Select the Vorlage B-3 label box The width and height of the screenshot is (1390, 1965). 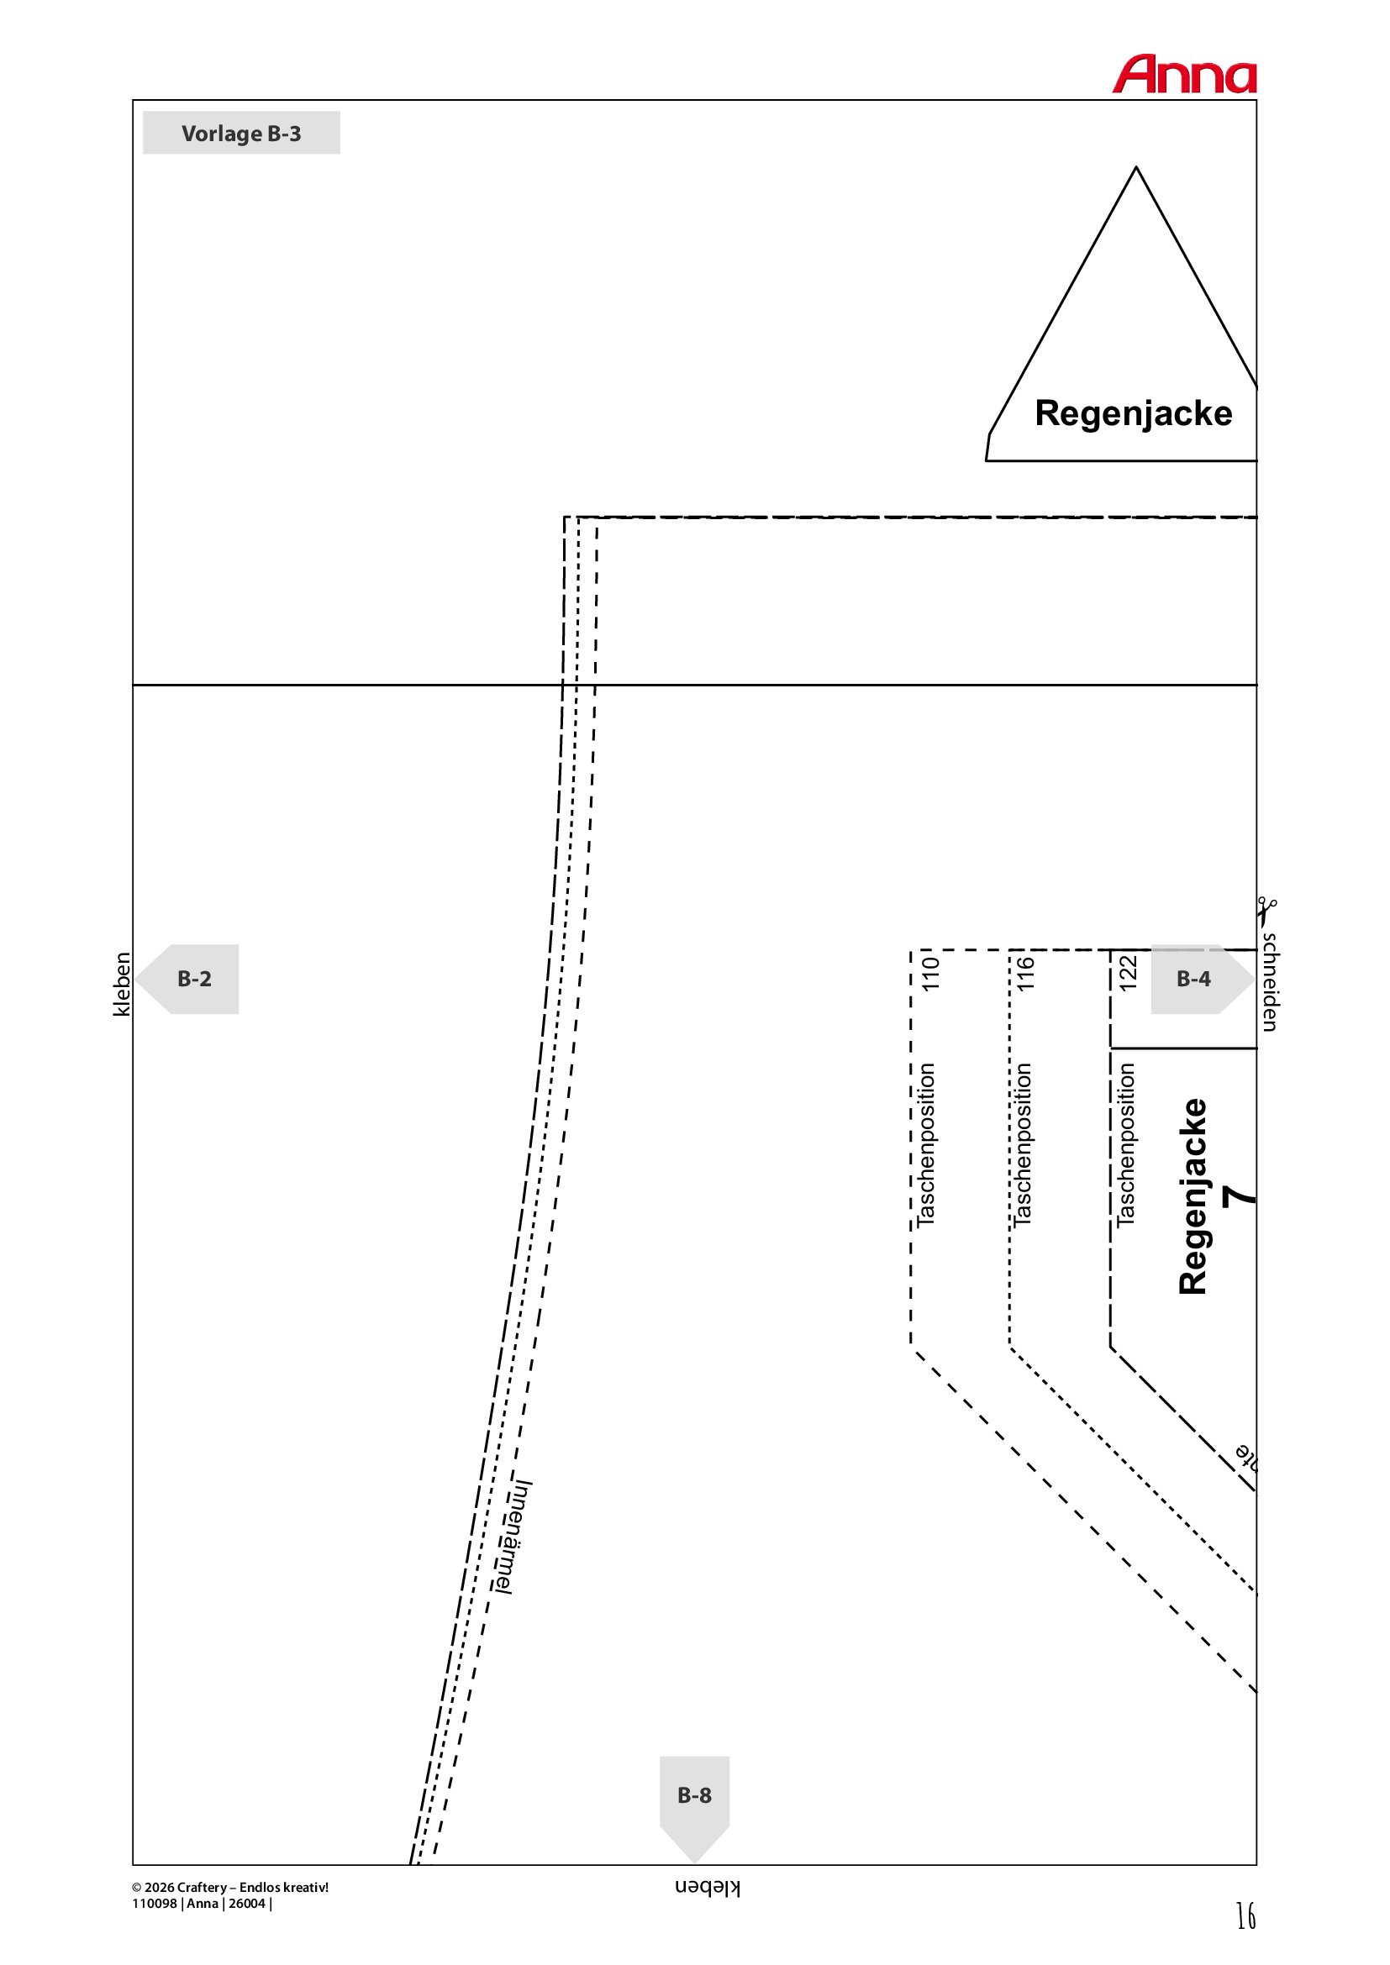click(x=240, y=133)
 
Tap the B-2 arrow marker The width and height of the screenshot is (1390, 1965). click(x=188, y=979)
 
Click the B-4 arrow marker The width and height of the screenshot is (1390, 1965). click(x=1199, y=979)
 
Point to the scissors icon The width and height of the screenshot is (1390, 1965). click(x=1266, y=911)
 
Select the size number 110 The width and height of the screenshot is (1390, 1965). click(x=930, y=974)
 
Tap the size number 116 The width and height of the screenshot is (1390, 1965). click(x=1025, y=974)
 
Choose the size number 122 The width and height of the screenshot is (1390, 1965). click(x=1127, y=974)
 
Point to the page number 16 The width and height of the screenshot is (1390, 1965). click(x=1245, y=1915)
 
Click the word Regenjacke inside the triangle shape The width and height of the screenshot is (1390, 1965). click(x=1133, y=413)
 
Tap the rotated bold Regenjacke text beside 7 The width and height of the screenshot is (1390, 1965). click(x=1193, y=1195)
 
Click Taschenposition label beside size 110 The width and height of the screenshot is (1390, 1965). click(x=926, y=1145)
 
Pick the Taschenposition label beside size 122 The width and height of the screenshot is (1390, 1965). click(x=1125, y=1145)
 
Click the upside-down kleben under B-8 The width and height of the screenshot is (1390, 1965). click(x=707, y=1888)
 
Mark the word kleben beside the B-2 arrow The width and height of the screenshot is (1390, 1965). click(x=123, y=985)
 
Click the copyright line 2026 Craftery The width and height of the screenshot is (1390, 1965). click(x=230, y=1887)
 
